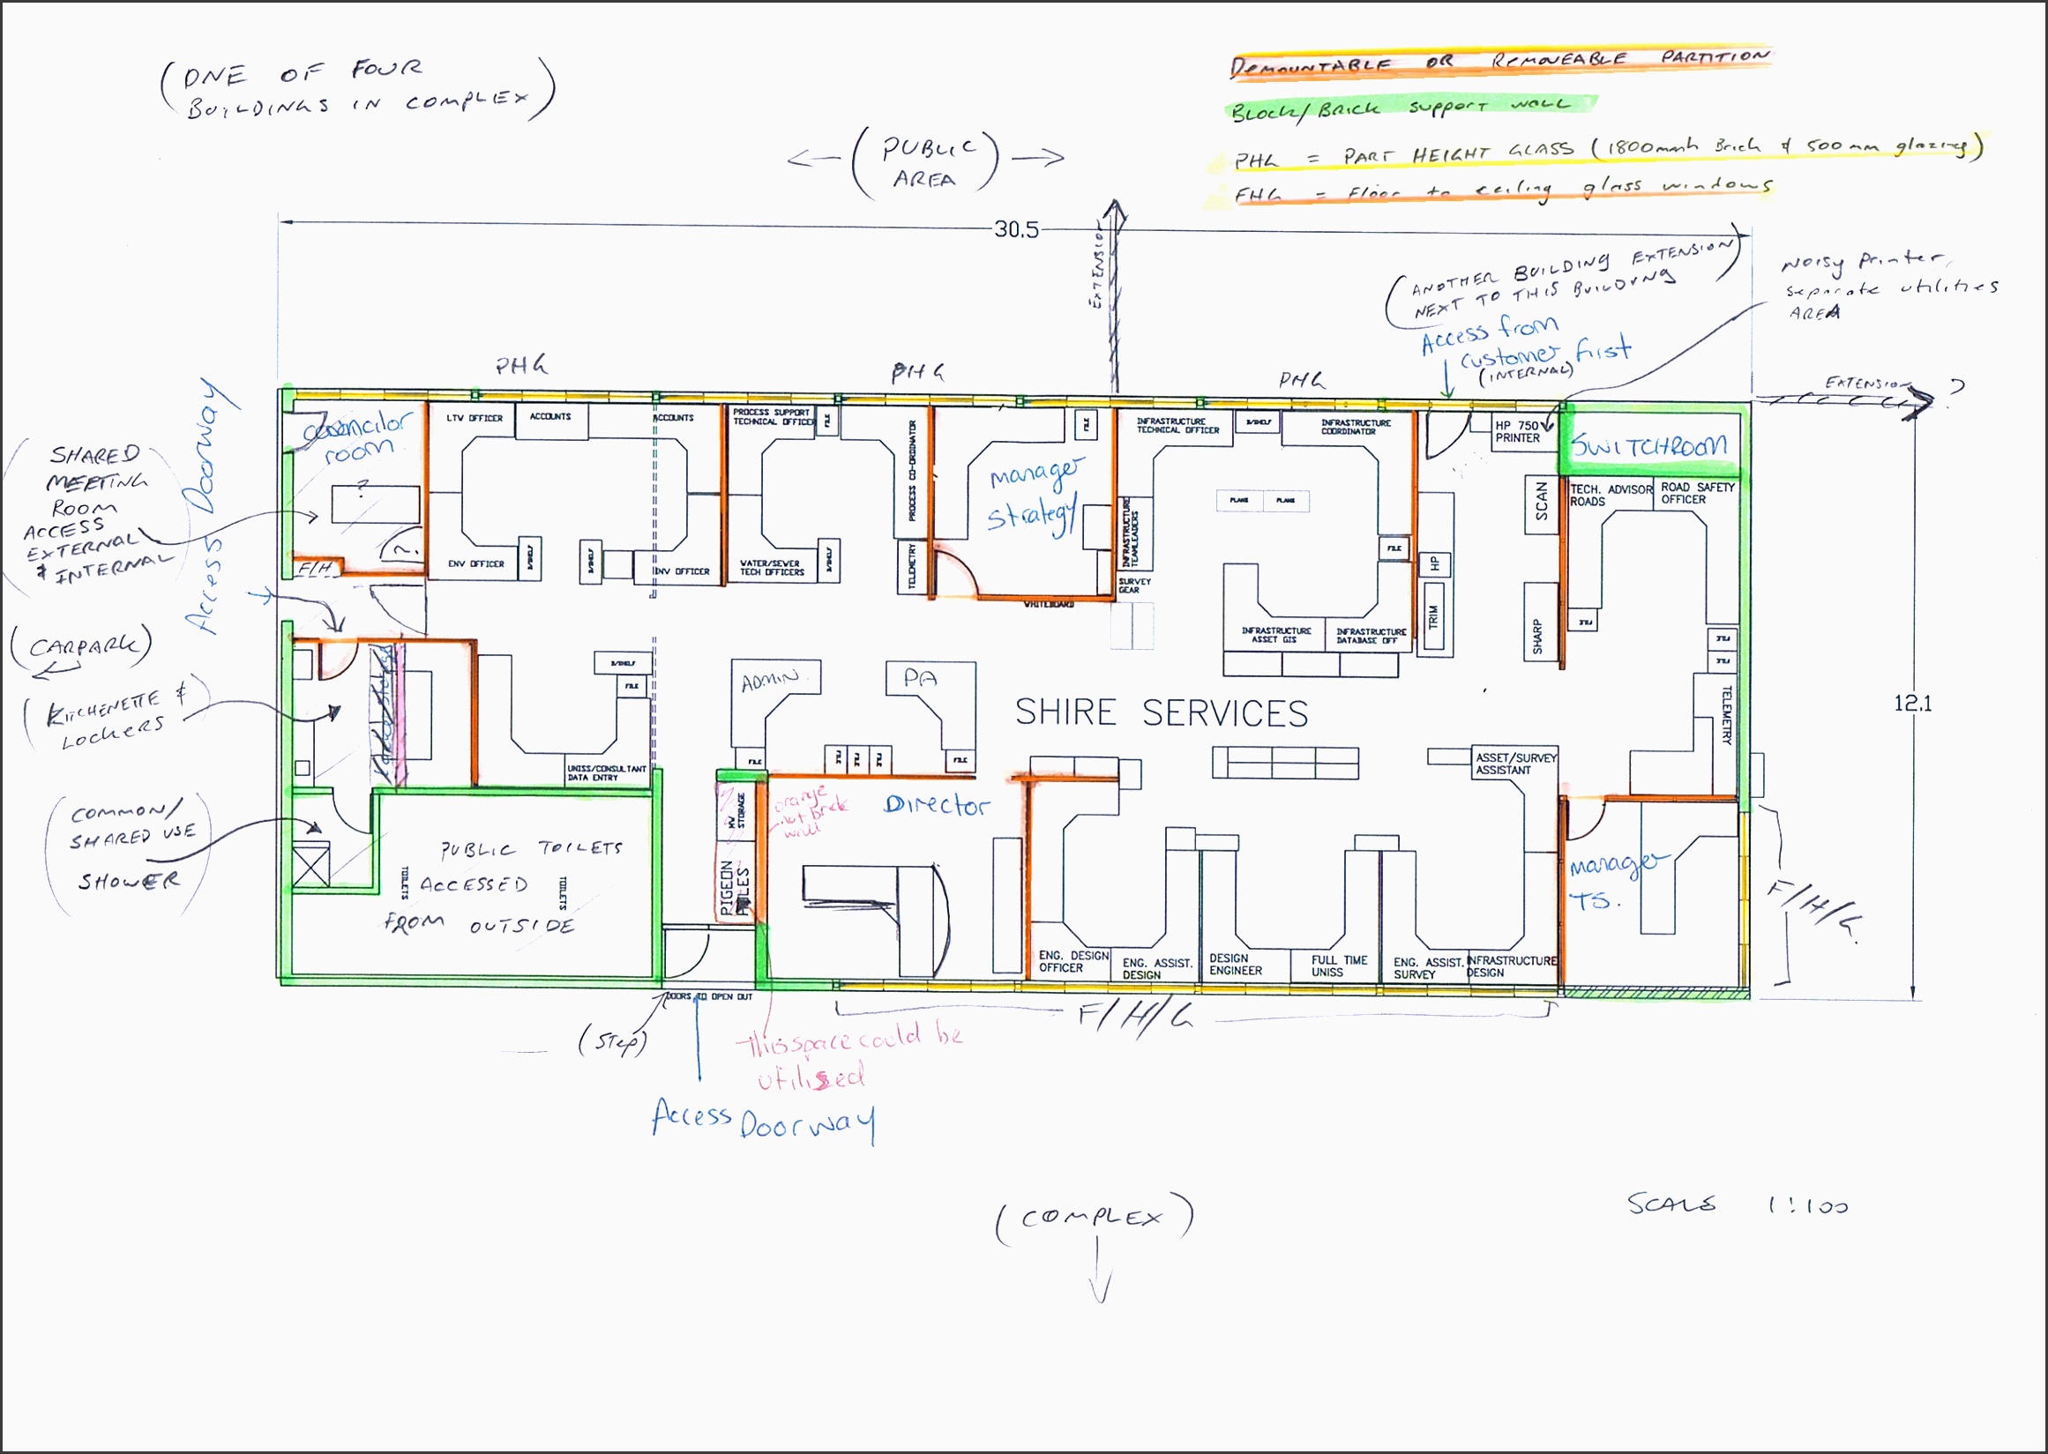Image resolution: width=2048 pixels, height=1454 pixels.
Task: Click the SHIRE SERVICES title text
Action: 1161,713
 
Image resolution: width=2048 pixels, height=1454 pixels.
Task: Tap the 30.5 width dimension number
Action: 1015,230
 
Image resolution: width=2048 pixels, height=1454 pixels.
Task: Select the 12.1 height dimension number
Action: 1912,704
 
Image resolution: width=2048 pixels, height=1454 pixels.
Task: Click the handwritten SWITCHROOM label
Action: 1648,445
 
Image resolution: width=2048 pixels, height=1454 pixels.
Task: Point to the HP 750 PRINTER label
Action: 1518,431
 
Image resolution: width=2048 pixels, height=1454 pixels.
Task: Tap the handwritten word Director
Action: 936,806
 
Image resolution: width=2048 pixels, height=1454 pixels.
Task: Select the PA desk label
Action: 920,679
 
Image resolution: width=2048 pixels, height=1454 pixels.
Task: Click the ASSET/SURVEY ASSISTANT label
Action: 1516,764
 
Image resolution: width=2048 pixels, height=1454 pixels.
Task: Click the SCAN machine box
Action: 1541,503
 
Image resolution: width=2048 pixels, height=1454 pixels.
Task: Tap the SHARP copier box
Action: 1537,635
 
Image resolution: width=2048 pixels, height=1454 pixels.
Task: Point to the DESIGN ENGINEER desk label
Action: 1236,965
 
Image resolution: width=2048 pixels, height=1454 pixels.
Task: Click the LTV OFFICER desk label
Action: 475,418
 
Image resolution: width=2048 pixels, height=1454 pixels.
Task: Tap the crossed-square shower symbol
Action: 311,866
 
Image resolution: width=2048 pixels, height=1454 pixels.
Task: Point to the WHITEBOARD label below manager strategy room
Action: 1048,604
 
